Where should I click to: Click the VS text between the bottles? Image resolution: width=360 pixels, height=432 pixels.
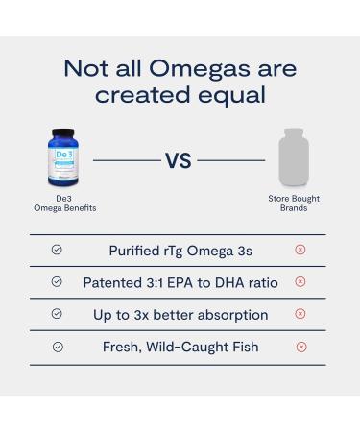(x=179, y=160)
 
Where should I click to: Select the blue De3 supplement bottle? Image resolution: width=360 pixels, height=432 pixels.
(x=63, y=156)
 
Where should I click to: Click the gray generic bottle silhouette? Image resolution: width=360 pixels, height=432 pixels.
(x=293, y=158)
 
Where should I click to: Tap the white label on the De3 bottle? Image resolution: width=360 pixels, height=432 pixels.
(x=63, y=161)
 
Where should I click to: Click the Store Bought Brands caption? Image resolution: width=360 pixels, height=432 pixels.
(x=293, y=204)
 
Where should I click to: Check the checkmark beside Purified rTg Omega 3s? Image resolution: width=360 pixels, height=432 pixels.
(x=57, y=250)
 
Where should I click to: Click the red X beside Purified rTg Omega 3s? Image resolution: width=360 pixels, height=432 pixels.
(x=300, y=250)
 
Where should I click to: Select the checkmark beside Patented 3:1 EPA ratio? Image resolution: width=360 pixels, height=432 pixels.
(x=57, y=282)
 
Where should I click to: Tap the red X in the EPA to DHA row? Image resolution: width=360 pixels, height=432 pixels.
(x=300, y=282)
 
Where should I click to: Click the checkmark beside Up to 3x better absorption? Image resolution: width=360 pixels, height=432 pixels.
(x=57, y=314)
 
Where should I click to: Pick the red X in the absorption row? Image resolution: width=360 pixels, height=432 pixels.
(x=300, y=314)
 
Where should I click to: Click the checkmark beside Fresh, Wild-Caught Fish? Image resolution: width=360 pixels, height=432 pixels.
(x=57, y=347)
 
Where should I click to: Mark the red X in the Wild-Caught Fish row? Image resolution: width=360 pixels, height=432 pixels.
(x=300, y=347)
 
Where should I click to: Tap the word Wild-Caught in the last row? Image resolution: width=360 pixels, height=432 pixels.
(x=190, y=347)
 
